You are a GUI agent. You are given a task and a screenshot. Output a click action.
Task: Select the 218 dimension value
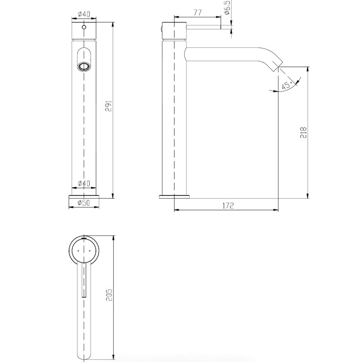[304, 133]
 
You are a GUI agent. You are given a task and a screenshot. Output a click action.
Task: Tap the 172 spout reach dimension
[228, 206]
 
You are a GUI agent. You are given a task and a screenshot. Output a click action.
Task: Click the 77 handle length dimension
[197, 13]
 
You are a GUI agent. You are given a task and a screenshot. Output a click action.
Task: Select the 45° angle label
[286, 85]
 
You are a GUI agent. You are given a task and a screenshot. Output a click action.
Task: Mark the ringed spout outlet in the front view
[83, 66]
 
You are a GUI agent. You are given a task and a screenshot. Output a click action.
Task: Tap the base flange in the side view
[175, 197]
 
